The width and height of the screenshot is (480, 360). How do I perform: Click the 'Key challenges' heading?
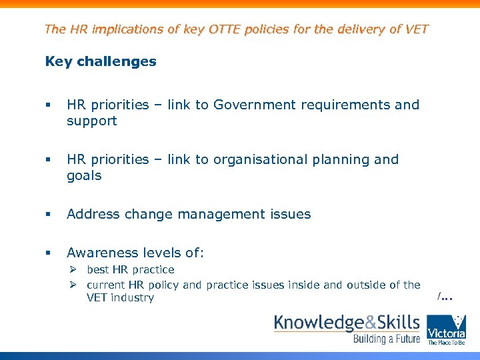101,62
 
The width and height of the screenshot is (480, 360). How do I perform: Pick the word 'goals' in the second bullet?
84,175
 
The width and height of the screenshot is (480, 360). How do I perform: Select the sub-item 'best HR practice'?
130,270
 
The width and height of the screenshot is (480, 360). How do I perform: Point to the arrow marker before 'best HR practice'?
75,270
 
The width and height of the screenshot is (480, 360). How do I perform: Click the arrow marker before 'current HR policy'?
75,285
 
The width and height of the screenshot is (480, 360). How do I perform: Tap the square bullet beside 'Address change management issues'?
48,215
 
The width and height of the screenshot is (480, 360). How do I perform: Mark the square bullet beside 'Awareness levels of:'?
48,253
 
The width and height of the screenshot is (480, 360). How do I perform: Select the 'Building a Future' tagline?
387,339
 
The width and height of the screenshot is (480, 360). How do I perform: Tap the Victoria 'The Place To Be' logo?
446,330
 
